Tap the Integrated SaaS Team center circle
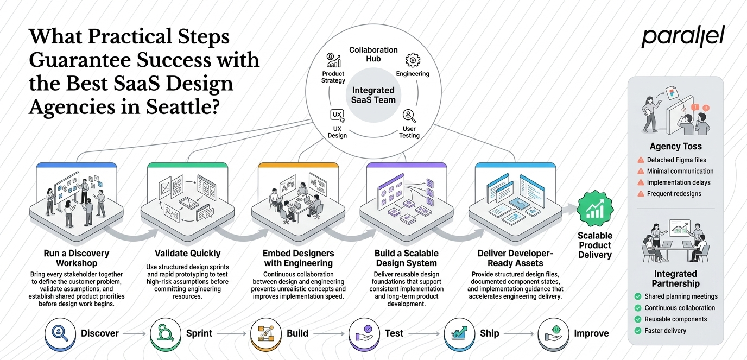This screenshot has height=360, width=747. (x=373, y=95)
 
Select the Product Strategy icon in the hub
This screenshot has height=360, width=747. (x=333, y=60)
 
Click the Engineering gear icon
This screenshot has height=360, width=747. (x=413, y=60)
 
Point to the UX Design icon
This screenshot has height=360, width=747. (x=337, y=116)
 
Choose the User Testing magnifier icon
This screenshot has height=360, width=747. (x=409, y=116)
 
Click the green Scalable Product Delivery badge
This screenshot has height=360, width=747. (x=595, y=209)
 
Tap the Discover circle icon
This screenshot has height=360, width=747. (x=60, y=333)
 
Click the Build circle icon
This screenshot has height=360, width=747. (x=266, y=333)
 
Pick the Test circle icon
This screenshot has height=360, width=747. (x=364, y=333)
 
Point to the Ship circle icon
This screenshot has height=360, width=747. (x=459, y=333)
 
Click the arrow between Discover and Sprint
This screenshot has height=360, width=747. (x=135, y=333)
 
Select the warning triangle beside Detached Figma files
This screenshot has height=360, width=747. (x=641, y=160)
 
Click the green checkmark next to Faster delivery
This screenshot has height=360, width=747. (x=638, y=331)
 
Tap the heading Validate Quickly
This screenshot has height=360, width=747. (x=187, y=253)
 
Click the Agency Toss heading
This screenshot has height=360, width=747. (x=676, y=146)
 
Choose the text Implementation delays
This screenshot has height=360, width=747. (x=679, y=182)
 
